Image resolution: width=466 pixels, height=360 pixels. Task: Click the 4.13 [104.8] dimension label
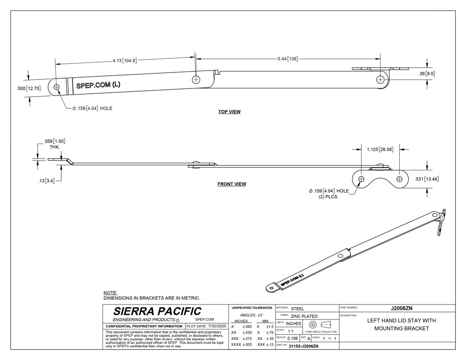pyautogui.click(x=124, y=61)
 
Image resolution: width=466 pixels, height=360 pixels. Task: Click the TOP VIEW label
pyautogui.click(x=229, y=112)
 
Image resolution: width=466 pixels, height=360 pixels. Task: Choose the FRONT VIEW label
pyautogui.click(x=232, y=184)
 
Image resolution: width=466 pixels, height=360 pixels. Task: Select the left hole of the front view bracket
pyautogui.click(x=361, y=179)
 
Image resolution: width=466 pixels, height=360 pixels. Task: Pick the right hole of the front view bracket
pyautogui.click(x=400, y=179)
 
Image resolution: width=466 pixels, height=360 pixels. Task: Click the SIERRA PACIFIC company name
pyautogui.click(x=157, y=311)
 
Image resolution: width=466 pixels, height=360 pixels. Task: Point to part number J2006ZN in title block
pyautogui.click(x=402, y=308)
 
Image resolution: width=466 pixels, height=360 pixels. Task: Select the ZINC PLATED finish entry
pyautogui.click(x=304, y=316)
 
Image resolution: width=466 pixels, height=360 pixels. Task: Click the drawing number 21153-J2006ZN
pyautogui.click(x=304, y=346)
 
